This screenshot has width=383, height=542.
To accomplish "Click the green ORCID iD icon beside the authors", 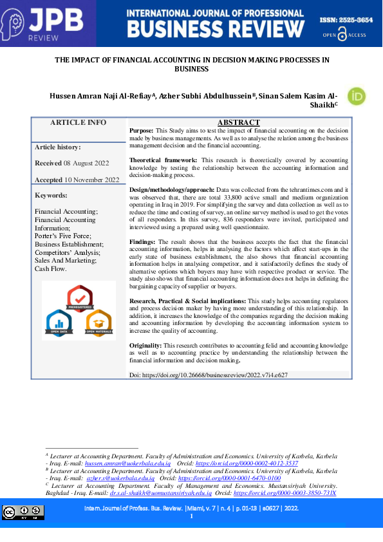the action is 356,96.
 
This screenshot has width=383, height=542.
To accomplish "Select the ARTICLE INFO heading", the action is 78,123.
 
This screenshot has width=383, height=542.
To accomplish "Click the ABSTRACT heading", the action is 238,122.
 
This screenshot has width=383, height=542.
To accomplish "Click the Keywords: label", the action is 51,195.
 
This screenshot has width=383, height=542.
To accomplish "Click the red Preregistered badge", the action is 80,297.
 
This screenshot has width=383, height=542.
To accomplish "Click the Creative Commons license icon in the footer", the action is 23,512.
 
